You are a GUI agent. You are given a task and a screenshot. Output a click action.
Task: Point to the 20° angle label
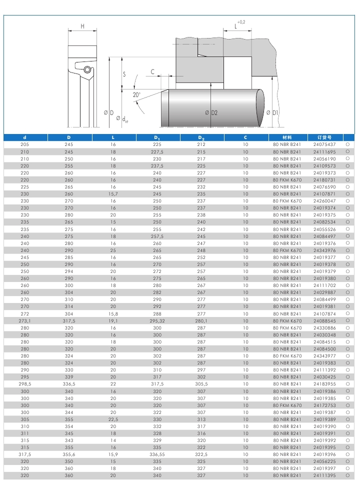pyautogui.click(x=136, y=94)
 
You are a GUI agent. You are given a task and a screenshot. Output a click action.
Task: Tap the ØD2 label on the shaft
pyautogui.click(x=211, y=112)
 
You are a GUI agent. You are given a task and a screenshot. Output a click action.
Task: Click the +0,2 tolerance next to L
pyautogui.click(x=241, y=22)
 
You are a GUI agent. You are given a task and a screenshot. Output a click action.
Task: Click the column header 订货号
pyautogui.click(x=323, y=137)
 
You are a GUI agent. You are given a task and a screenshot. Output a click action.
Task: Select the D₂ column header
pyautogui.click(x=201, y=137)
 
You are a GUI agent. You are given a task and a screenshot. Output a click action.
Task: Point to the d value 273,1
pyautogui.click(x=25, y=320)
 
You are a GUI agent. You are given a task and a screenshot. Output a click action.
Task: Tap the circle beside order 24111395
pyautogui.click(x=347, y=475)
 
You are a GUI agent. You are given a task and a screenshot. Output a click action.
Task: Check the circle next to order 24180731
pyautogui.click(x=347, y=179)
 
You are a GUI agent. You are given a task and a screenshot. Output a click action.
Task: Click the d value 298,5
pyautogui.click(x=25, y=384)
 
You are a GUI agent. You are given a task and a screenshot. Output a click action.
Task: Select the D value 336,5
pyautogui.click(x=69, y=384)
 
